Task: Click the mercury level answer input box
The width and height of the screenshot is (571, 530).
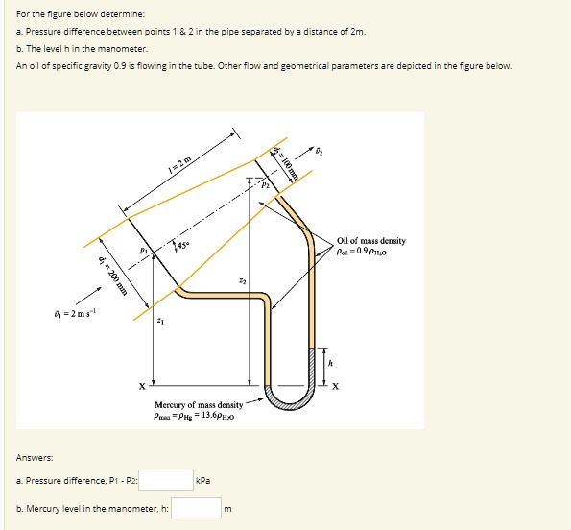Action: point(198,507)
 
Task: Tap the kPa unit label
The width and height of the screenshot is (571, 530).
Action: point(202,478)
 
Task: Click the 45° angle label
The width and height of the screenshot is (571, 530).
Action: point(182,247)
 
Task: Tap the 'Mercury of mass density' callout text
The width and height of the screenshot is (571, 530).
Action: point(193,405)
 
